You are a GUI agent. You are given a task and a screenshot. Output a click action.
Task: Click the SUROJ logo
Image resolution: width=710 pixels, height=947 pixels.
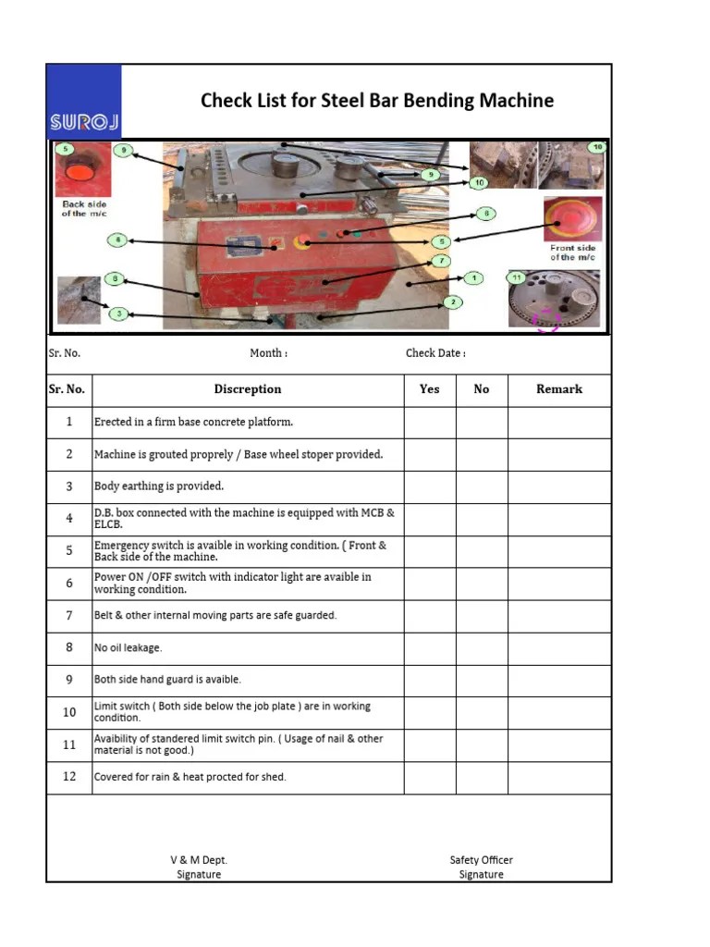[83, 102]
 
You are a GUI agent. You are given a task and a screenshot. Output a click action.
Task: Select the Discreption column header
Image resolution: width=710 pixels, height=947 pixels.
[248, 389]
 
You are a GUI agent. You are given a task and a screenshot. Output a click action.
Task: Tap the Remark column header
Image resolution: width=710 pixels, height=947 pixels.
[559, 389]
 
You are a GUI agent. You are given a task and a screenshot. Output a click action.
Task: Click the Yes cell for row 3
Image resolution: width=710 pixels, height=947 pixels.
[430, 486]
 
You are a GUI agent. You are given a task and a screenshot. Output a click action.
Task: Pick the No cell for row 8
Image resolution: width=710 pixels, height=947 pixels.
[482, 648]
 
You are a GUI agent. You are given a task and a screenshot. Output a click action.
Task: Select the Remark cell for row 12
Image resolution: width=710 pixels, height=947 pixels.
[559, 777]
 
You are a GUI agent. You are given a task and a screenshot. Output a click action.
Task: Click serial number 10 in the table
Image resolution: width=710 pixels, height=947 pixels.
[69, 712]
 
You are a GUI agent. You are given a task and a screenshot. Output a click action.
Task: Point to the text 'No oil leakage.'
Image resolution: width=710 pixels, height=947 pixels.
[128, 648]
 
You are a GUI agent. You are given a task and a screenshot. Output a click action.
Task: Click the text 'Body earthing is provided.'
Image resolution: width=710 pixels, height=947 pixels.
[159, 486]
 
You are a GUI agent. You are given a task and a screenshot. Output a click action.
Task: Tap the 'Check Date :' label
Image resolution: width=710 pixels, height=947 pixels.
[435, 353]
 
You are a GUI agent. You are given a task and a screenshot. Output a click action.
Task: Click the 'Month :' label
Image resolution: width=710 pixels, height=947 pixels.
[268, 353]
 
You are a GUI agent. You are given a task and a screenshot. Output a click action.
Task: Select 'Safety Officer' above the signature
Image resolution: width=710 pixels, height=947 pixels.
[481, 860]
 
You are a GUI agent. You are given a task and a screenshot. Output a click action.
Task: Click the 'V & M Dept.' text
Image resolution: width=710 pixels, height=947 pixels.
[199, 860]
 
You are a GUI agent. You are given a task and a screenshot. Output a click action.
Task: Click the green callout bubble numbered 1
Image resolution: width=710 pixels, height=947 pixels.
[473, 277]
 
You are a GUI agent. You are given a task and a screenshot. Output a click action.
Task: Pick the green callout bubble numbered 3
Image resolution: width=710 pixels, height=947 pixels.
[118, 314]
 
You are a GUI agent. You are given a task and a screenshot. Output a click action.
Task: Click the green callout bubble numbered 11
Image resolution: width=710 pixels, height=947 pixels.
[517, 277]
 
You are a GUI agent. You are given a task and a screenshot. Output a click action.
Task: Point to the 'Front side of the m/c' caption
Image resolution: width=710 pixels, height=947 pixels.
[573, 252]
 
